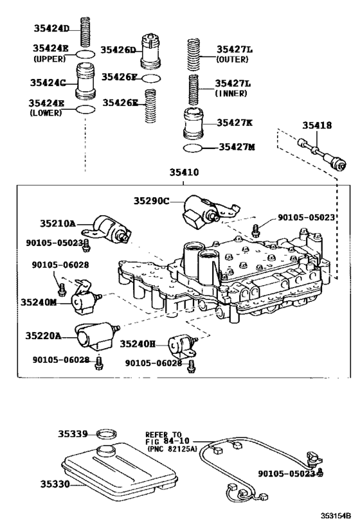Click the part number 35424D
click(51, 28)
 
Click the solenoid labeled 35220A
click(93, 336)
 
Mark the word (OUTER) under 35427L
click(231, 60)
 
